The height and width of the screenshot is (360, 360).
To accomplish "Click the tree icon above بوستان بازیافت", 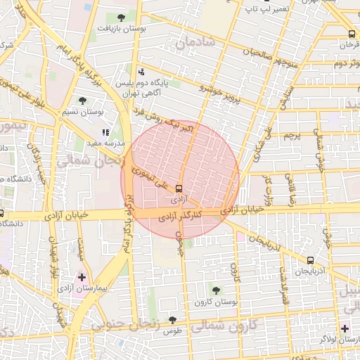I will click(122, 17).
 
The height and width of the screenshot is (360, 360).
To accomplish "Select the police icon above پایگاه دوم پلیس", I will click(141, 71).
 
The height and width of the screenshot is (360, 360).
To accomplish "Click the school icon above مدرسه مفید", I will click(105, 131).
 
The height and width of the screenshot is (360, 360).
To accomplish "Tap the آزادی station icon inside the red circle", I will click(178, 188).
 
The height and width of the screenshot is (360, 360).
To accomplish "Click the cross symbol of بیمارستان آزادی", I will click(82, 277).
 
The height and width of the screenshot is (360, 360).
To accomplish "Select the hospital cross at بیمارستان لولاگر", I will click(345, 328).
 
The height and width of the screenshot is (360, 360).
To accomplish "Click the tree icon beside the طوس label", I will click(172, 319).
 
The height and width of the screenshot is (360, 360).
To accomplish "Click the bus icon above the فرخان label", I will click(352, 34).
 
